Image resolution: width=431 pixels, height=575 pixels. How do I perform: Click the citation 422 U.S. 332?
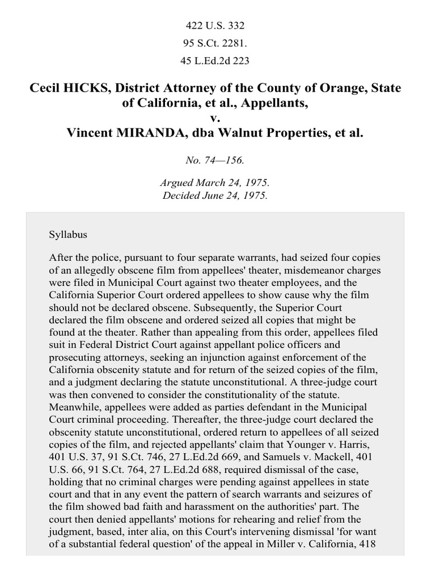(215, 25)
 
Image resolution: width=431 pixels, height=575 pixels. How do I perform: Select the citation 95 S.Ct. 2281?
(215, 43)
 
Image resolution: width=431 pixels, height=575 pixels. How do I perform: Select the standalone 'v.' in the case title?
(215, 118)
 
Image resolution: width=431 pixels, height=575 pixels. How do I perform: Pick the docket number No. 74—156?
(215, 161)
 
